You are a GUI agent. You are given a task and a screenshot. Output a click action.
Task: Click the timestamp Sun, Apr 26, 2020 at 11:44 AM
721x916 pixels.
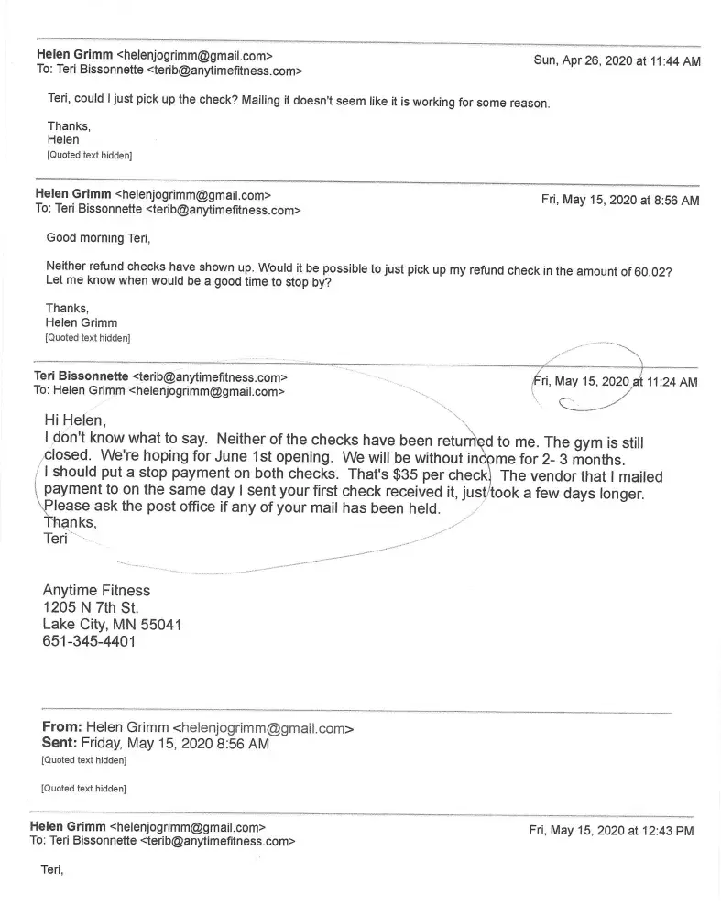[x=617, y=61]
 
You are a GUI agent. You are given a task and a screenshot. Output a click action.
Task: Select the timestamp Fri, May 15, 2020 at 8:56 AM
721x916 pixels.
[x=619, y=200]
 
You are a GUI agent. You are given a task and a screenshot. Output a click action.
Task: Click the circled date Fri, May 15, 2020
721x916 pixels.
[x=581, y=381]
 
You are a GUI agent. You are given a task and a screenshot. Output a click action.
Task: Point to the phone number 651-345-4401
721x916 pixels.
[x=89, y=641]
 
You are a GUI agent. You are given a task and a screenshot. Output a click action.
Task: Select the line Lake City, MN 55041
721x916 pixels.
[x=112, y=624]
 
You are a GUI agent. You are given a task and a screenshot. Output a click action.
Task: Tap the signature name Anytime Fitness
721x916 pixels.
[x=96, y=590]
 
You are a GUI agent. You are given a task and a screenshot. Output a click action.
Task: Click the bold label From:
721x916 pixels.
[x=62, y=727]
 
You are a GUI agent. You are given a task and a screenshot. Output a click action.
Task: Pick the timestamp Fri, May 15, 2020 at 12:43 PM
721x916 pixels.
[x=611, y=831]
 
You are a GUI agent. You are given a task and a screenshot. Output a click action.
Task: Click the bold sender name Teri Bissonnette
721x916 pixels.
[x=81, y=376]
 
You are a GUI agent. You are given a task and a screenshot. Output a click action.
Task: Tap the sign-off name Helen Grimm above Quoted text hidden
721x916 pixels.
[x=82, y=322]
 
